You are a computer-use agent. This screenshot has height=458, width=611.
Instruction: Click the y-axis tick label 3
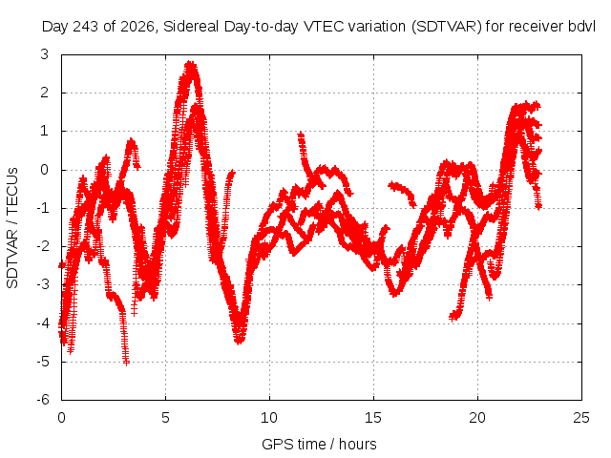[x=45, y=54]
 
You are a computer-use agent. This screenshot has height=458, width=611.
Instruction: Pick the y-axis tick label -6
[x=43, y=400]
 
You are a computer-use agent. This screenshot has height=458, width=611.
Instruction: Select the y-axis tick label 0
[x=45, y=170]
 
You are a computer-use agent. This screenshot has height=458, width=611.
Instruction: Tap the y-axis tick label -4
[x=43, y=323]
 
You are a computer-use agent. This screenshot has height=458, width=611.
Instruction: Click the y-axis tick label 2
[x=45, y=93]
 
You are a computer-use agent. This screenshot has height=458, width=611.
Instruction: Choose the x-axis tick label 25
[x=581, y=418]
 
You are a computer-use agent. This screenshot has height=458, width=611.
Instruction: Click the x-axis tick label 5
[x=165, y=418]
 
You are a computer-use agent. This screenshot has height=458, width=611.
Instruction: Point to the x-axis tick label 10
[x=269, y=418]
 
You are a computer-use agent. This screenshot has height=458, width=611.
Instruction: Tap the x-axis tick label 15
[x=373, y=418]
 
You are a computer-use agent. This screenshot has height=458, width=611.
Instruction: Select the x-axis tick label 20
[x=477, y=418]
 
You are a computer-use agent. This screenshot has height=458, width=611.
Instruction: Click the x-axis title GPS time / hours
[x=319, y=445]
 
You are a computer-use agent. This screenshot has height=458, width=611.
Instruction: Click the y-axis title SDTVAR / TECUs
[x=12, y=228]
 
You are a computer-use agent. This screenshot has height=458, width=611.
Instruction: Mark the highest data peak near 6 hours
[x=190, y=63]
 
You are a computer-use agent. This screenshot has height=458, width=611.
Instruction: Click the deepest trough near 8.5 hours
[x=240, y=342]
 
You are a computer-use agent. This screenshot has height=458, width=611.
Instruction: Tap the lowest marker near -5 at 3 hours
[x=126, y=363]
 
